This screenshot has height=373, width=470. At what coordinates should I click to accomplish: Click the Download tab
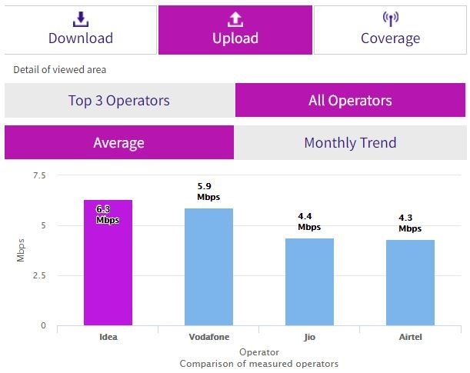click(x=80, y=30)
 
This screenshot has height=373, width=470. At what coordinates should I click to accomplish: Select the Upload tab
click(x=235, y=30)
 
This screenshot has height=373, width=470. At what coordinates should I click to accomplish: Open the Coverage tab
click(x=390, y=30)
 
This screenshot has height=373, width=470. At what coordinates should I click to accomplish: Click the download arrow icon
click(x=80, y=18)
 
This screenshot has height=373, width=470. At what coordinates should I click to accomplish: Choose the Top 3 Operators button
click(x=118, y=100)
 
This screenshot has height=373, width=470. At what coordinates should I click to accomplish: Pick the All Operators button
click(x=350, y=100)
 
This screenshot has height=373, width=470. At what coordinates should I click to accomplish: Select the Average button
click(x=118, y=142)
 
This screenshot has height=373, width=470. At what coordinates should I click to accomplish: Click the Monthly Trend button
click(x=350, y=142)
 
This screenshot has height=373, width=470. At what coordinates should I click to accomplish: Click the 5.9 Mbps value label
click(x=208, y=191)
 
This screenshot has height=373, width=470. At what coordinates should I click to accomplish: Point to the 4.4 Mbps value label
click(x=309, y=221)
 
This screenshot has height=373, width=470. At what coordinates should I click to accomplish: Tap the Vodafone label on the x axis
click(x=208, y=338)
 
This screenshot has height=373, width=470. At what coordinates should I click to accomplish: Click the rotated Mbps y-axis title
click(x=21, y=250)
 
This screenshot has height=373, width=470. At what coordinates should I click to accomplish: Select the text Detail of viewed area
click(x=59, y=70)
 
